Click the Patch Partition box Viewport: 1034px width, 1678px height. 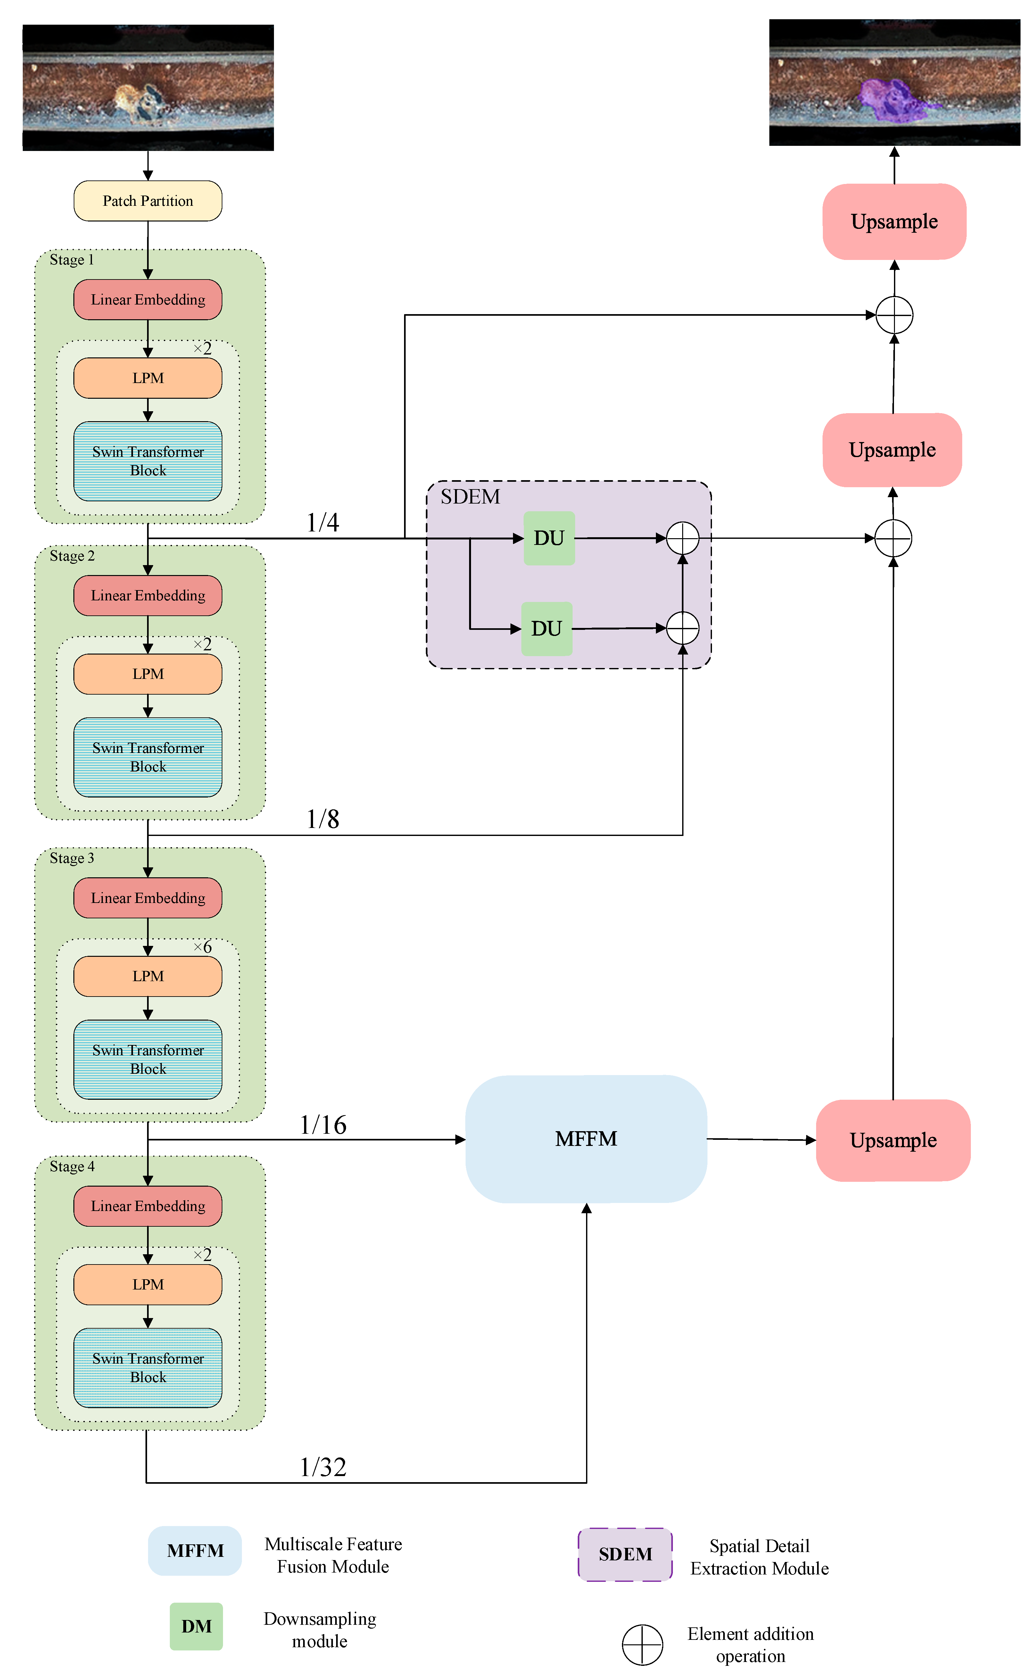(x=148, y=200)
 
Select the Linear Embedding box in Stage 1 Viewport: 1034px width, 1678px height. (x=148, y=300)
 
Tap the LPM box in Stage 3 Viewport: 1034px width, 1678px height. (x=148, y=976)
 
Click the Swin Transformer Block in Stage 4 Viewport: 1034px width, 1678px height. (x=148, y=1367)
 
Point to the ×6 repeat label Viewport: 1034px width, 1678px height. (x=203, y=947)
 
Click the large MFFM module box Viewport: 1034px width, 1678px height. (x=586, y=1139)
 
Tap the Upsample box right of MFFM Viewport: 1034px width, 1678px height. (x=893, y=1140)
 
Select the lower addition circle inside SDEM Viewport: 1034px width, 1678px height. (x=682, y=628)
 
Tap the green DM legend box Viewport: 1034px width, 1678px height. (x=196, y=1626)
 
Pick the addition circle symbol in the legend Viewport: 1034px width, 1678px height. (x=642, y=1644)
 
